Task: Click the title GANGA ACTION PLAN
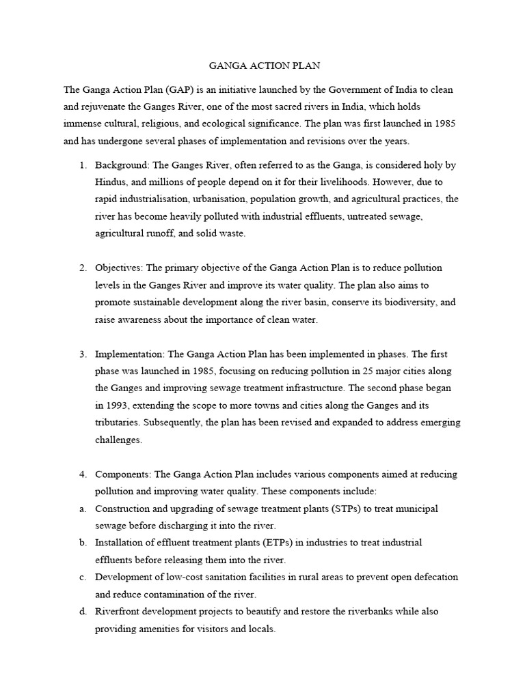click(263, 66)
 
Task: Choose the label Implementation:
click(130, 354)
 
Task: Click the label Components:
click(123, 474)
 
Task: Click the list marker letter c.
click(82, 577)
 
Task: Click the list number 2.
click(82, 268)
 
